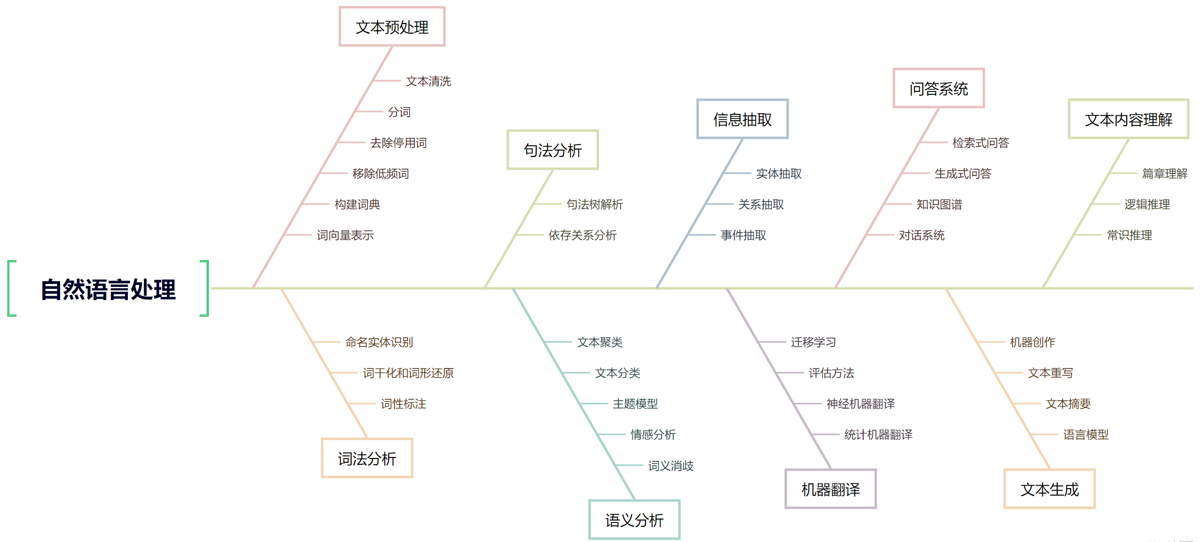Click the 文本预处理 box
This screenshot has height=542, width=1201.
point(392,27)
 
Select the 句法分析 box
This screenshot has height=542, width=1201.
point(553,150)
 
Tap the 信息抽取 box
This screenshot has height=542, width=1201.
point(742,119)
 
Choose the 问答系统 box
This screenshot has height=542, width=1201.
point(938,88)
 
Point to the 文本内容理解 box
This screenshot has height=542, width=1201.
point(1128,119)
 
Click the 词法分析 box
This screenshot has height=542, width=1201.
point(367,458)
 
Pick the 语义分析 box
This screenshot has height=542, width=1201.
point(634,520)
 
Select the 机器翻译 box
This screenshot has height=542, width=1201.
point(830,489)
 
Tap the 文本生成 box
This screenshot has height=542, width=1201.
point(1050,489)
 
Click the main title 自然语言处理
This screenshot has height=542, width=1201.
point(108,289)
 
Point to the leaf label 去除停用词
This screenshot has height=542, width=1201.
point(398,143)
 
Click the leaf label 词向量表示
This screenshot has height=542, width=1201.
point(345,235)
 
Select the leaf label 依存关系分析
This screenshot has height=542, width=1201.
point(582,235)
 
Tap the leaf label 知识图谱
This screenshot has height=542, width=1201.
point(939,204)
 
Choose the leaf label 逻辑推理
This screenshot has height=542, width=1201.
point(1147,204)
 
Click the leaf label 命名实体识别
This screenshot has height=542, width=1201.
point(379,342)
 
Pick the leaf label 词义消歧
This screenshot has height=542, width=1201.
point(670,466)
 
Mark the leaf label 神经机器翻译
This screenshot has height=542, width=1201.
point(860,404)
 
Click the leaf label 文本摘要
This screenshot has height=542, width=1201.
point(1068,404)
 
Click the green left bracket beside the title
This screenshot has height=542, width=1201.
point(11,288)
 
